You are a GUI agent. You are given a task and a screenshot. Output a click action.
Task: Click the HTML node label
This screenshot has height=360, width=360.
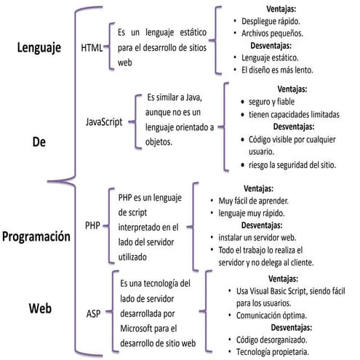click(91, 48)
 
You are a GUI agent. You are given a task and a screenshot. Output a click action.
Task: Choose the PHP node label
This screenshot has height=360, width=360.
click(92, 225)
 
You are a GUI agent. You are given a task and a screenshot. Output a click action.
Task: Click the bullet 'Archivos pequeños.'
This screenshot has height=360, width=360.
click(271, 33)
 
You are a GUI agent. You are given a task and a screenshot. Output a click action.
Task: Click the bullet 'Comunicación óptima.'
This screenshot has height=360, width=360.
click(271, 315)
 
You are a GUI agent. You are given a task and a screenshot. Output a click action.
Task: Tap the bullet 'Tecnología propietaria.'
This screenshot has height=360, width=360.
click(273, 352)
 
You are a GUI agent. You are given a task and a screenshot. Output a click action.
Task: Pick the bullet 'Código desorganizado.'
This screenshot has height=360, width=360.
click(272, 340)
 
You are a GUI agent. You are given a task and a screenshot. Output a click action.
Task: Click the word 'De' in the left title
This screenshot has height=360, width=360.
click(39, 142)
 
